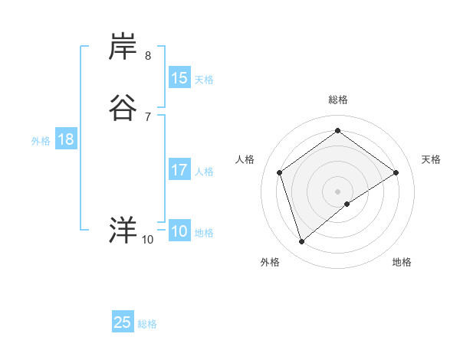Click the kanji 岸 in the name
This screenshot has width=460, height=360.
pyautogui.click(x=123, y=47)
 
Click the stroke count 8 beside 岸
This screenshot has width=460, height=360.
pyautogui.click(x=148, y=55)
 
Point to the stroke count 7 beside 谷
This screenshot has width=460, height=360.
pyautogui.click(x=148, y=116)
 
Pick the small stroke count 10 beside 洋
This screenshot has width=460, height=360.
pyautogui.click(x=147, y=240)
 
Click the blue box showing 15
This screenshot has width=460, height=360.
pyautogui.click(x=179, y=78)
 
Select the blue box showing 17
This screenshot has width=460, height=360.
pyautogui.click(x=179, y=170)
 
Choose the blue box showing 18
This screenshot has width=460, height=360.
pyautogui.click(x=65, y=139)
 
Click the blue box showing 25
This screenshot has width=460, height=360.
pyautogui.click(x=123, y=322)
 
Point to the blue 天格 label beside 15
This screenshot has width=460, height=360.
pyautogui.click(x=204, y=80)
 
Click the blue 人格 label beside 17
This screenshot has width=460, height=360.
pyautogui.click(x=204, y=172)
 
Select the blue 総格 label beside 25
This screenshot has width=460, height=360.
pyautogui.click(x=147, y=324)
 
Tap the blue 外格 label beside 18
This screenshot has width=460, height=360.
pyautogui.click(x=41, y=141)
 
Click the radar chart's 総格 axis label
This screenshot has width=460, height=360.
pyautogui.click(x=337, y=100)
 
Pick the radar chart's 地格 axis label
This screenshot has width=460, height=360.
pyautogui.click(x=402, y=262)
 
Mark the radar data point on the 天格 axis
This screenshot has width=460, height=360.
pyautogui.click(x=396, y=172)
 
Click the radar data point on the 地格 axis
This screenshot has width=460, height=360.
pyautogui.click(x=347, y=204)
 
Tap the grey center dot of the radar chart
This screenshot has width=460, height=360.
pyautogui.click(x=337, y=191)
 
